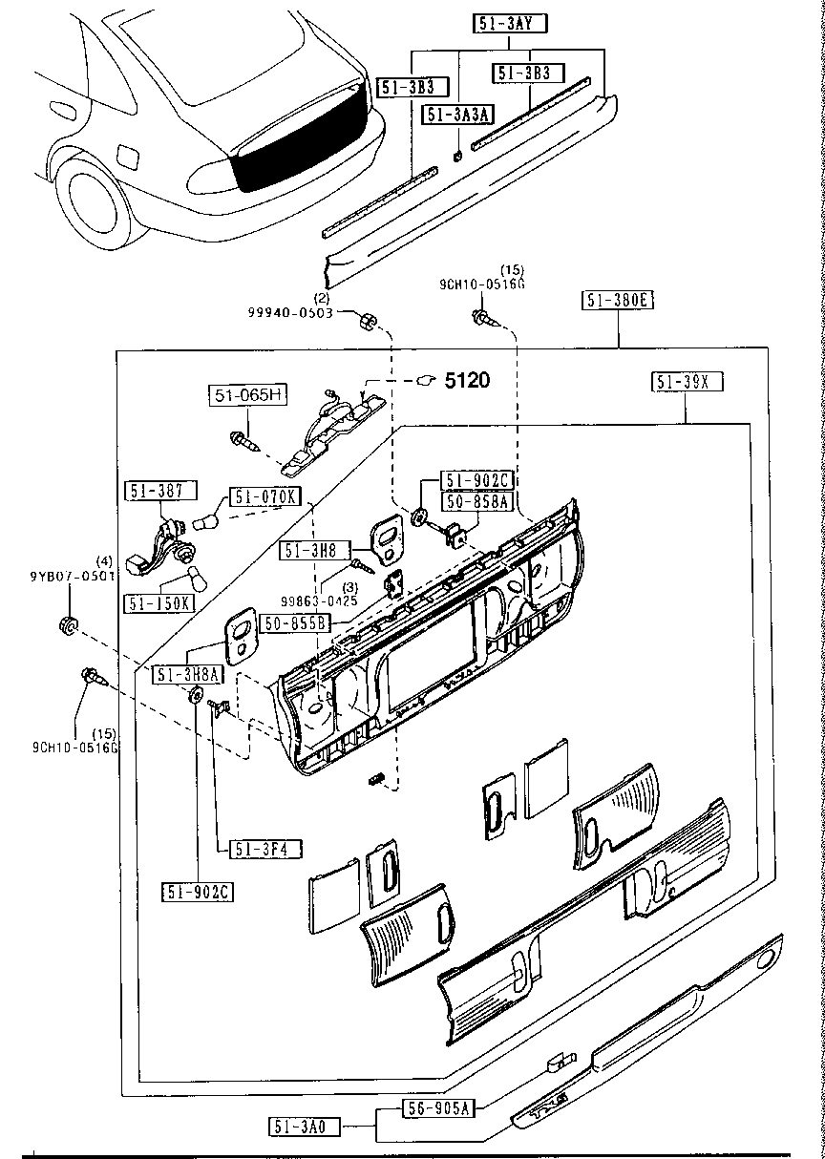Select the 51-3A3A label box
coord(458,115)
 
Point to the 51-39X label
coord(687,383)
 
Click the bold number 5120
coord(467,381)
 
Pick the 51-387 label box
coord(159,491)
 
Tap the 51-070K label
coord(264,496)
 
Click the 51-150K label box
coord(158,603)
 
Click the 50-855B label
coord(296,622)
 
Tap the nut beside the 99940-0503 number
coord(366,320)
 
